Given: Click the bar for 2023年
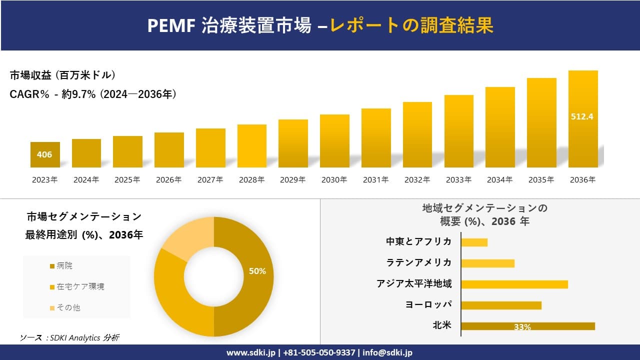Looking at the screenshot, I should [44, 154].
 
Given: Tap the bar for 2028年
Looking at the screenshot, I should [251, 146].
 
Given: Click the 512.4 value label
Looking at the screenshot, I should [582, 116].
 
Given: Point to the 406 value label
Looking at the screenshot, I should [44, 154].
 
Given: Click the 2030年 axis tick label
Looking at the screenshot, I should [334, 180].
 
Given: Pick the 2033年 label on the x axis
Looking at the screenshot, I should [458, 180].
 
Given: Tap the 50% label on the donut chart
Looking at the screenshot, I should [257, 271].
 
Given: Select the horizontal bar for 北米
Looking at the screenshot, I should [527, 326].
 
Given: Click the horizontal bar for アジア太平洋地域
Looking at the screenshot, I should [514, 284].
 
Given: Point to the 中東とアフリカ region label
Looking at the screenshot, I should [418, 242].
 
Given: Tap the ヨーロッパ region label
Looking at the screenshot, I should [428, 305].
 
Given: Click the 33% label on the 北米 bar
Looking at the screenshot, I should [522, 327].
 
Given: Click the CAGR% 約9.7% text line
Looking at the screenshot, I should [93, 94].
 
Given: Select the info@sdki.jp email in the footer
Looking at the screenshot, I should [388, 352].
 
